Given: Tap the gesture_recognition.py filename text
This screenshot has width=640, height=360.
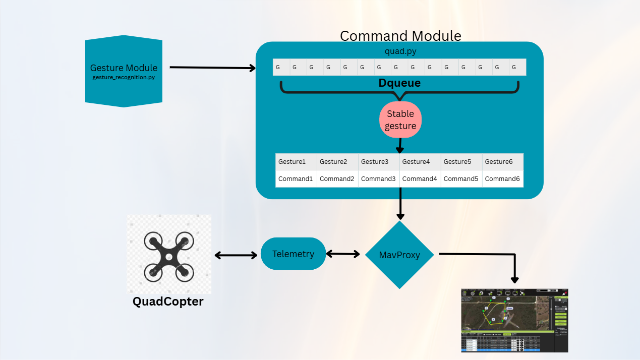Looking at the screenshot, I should (124, 77).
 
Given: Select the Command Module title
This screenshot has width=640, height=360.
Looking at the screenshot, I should (400, 36).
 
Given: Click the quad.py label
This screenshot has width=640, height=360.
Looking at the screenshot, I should (400, 51).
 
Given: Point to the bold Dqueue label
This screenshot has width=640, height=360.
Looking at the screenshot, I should (399, 83).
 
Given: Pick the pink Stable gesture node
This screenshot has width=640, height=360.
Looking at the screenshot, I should (400, 119).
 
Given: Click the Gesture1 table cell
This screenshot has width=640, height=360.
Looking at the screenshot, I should (296, 162).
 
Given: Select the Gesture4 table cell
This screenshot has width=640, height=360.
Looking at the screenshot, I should (420, 162).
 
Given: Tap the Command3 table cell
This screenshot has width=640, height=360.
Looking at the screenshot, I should (379, 179).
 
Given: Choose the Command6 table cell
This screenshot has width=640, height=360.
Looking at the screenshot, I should (503, 179).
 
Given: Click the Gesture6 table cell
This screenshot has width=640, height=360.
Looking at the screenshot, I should (503, 162).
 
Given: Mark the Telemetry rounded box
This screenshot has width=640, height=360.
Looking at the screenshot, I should (293, 254).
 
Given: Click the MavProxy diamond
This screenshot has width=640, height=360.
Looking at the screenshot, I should (399, 255).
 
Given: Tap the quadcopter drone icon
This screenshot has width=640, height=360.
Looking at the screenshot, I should (168, 256).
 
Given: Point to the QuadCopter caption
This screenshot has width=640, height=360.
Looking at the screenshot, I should (168, 302).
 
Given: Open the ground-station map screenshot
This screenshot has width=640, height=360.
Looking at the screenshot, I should (514, 320).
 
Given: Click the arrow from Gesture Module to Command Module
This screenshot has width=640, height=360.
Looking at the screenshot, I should (212, 68).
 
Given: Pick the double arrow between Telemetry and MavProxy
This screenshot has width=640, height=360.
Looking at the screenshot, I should (342, 254).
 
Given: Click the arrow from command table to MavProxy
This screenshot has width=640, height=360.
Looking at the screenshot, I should (400, 204).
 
